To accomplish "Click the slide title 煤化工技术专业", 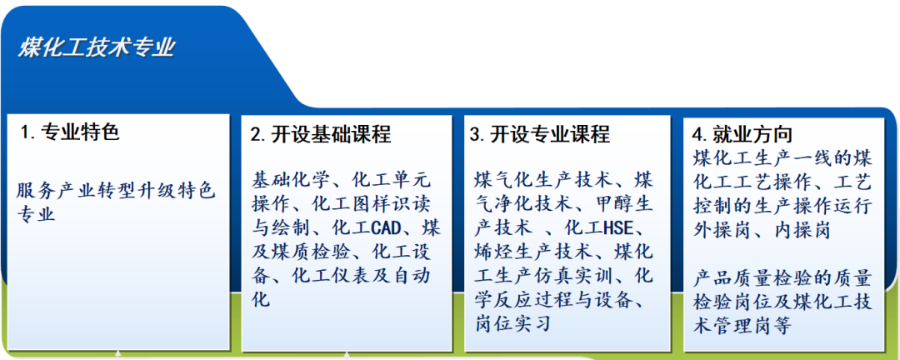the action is pyautogui.click(x=97, y=47).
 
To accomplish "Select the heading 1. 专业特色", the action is pyautogui.click(x=70, y=132).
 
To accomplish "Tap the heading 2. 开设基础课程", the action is pyautogui.click(x=321, y=134).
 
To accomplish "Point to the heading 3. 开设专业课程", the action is pyautogui.click(x=539, y=134).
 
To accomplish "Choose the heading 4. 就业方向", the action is pyautogui.click(x=742, y=134).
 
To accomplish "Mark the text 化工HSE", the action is pyautogui.click(x=597, y=228).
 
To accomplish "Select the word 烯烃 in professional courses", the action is pyautogui.click(x=493, y=252).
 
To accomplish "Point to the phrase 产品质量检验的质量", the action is pyautogui.click(x=782, y=280).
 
